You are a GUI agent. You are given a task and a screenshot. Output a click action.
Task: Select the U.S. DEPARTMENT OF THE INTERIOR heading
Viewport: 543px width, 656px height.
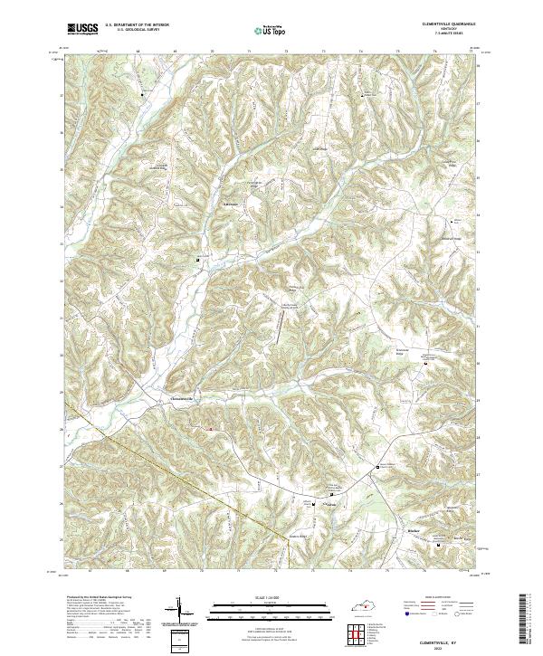pos(137,25)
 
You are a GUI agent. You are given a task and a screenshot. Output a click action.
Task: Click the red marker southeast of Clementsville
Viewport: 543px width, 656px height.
pos(212,429)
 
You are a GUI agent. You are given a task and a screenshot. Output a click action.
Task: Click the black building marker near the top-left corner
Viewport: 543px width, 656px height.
pos(141,92)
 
